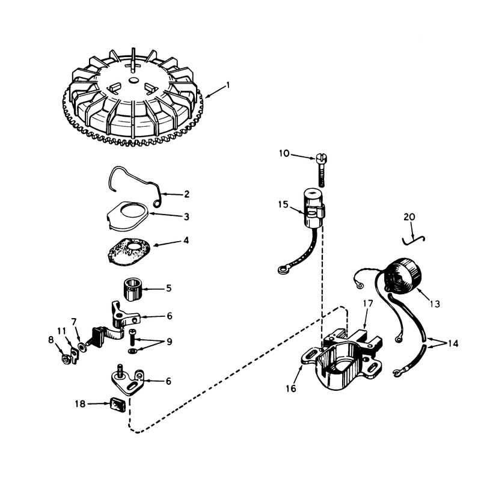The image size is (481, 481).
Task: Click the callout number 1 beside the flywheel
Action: point(228,85)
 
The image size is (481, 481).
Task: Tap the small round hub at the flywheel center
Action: point(133,80)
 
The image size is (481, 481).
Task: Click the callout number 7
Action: point(73,322)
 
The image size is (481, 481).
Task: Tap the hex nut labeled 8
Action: point(65,358)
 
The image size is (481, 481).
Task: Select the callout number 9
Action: point(170,342)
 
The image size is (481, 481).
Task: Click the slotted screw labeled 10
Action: point(321,170)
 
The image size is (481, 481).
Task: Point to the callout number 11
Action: point(61,331)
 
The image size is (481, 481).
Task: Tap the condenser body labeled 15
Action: point(314,208)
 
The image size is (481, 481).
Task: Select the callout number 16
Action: point(291,388)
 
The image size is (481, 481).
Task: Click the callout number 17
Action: point(368,304)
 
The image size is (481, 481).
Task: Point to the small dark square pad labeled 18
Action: point(118,405)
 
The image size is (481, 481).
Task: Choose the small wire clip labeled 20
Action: point(414,240)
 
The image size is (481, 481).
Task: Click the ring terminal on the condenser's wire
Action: point(282,270)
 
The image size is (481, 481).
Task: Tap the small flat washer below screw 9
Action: point(132,351)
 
